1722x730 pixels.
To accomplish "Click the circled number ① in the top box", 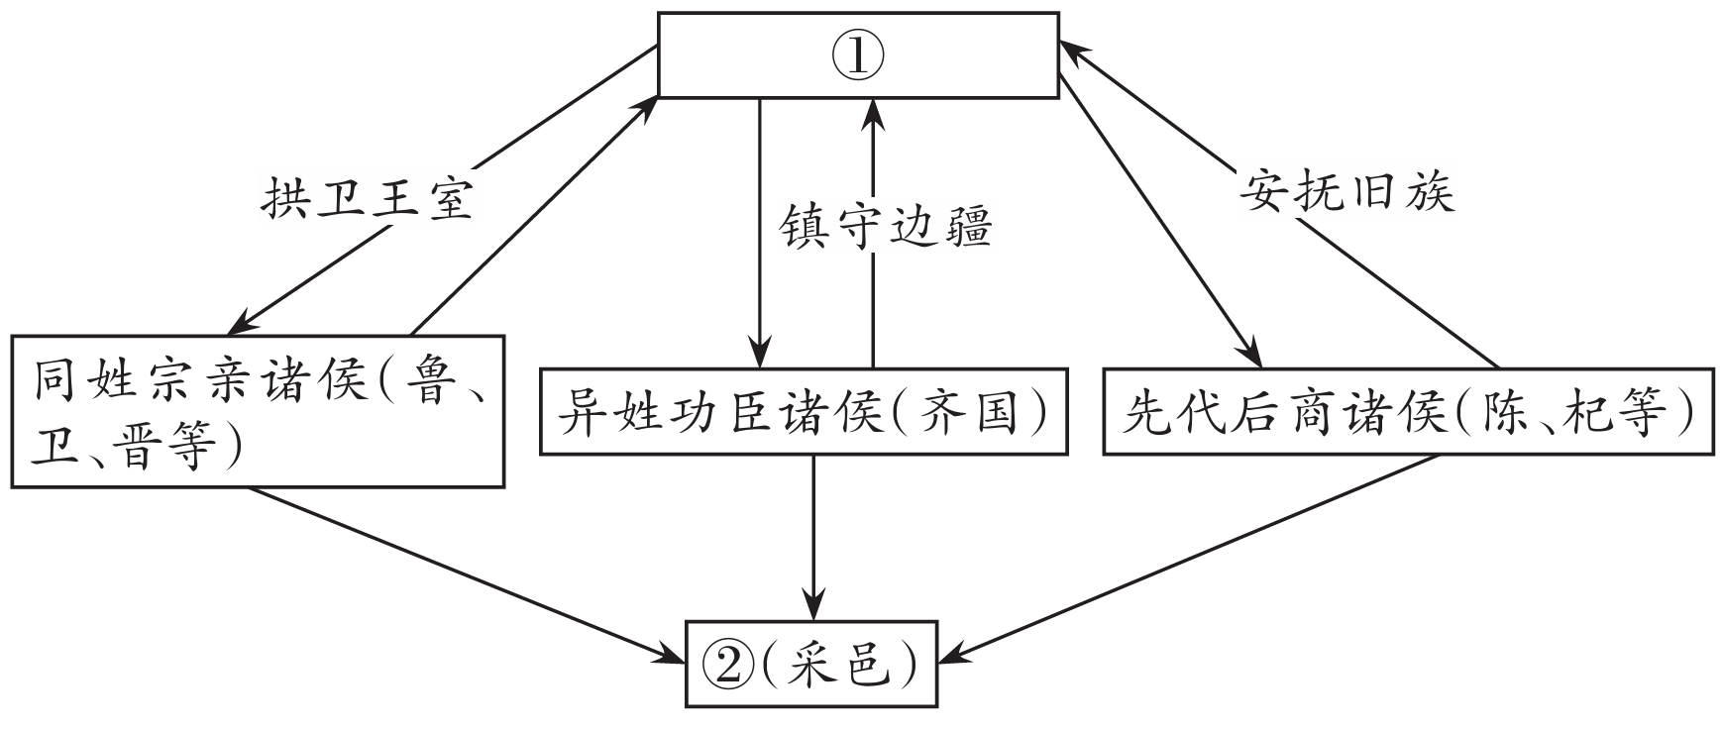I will coord(858,55).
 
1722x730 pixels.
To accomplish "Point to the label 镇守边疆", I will coord(885,228).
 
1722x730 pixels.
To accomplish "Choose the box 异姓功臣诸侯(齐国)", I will coord(803,410).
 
